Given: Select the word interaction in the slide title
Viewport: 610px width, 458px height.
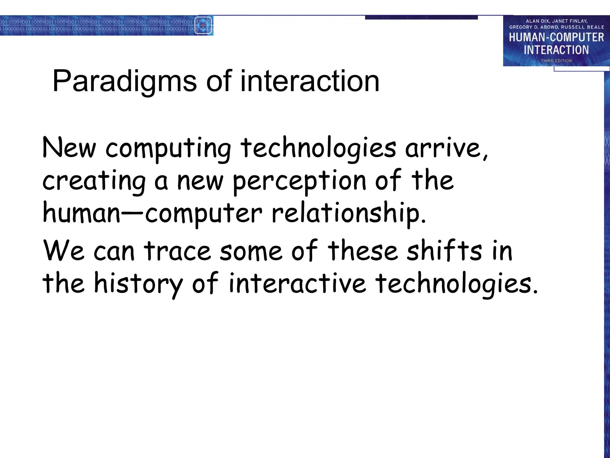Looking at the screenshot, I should point(310,81).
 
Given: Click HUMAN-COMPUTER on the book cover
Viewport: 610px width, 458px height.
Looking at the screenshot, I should point(556,38).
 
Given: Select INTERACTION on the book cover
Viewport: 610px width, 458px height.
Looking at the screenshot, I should point(556,50).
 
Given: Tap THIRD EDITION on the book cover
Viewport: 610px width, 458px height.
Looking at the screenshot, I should point(556,61).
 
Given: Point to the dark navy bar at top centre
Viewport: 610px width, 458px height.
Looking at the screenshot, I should point(421,18).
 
